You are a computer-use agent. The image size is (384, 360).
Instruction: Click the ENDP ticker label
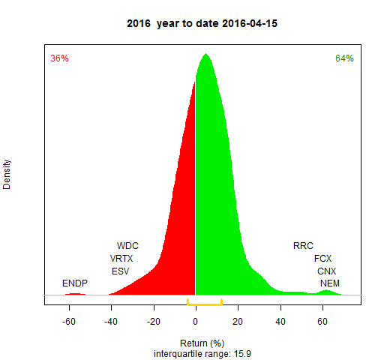(x=75, y=283)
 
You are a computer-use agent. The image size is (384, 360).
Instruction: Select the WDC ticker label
(x=127, y=246)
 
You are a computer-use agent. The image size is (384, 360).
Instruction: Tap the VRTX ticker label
(x=121, y=259)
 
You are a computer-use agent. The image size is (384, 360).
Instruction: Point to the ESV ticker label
(x=120, y=271)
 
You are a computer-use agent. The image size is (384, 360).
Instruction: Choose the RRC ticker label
(x=303, y=246)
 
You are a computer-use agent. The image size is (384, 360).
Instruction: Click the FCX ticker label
(x=323, y=259)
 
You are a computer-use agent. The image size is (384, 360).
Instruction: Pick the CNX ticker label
(x=327, y=271)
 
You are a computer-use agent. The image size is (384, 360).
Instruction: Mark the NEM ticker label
(x=330, y=283)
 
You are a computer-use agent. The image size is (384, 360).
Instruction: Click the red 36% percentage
(x=59, y=58)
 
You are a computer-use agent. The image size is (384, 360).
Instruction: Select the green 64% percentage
(x=344, y=58)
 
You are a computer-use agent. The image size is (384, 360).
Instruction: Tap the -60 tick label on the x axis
(x=69, y=322)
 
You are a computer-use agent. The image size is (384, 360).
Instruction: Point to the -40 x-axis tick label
(x=111, y=322)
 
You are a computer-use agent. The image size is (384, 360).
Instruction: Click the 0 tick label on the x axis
(x=196, y=322)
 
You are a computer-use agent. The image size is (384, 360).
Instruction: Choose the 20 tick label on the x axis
(x=238, y=322)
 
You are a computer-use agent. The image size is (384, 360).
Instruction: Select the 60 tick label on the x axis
(x=322, y=322)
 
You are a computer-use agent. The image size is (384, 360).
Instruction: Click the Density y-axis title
(x=7, y=175)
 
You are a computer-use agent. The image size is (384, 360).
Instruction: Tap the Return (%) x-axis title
(x=202, y=343)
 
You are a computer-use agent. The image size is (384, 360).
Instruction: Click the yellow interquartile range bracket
(x=205, y=304)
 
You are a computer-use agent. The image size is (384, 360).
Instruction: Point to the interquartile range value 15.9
(x=242, y=354)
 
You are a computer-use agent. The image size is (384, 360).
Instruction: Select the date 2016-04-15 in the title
(x=250, y=23)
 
